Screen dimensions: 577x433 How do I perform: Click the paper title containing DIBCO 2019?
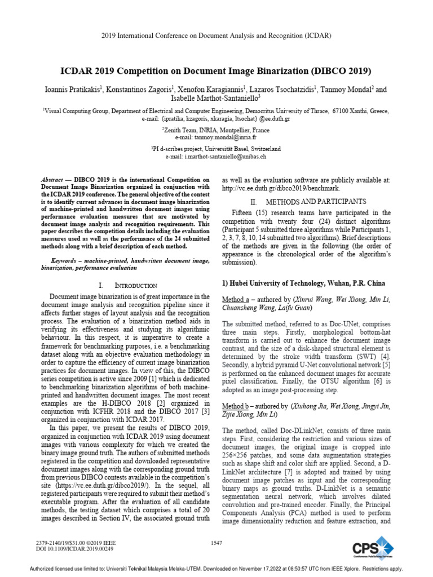pyautogui.click(x=216, y=72)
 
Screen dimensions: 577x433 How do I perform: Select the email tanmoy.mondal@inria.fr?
pyautogui.click(x=216, y=137)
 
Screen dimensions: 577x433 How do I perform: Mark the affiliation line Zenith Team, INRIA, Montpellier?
pyautogui.click(x=216, y=130)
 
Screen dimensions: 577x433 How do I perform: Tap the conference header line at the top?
pyautogui.click(x=216, y=35)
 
